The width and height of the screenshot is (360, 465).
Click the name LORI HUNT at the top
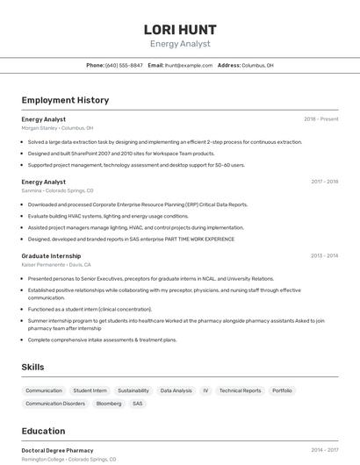(x=179, y=29)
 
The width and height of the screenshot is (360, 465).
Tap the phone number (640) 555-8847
(x=124, y=65)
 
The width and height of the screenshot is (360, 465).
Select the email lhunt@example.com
(x=189, y=65)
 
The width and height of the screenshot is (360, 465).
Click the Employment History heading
(x=65, y=100)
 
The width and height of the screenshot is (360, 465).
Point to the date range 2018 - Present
(x=320, y=119)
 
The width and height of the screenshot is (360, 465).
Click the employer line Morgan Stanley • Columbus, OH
(x=57, y=128)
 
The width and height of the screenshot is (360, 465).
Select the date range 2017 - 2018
(x=324, y=182)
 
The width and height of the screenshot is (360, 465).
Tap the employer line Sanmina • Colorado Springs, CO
(x=57, y=190)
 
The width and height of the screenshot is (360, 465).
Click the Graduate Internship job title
(x=51, y=255)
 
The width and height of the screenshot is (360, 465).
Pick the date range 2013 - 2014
(x=324, y=255)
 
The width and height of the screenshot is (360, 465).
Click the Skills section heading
(x=33, y=367)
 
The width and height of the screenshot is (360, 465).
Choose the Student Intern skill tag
(x=90, y=390)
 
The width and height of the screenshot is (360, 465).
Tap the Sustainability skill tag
(x=133, y=390)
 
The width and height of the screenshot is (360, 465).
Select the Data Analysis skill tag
(x=176, y=390)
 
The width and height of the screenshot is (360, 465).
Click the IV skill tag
(x=205, y=390)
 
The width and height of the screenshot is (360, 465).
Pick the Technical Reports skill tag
(x=240, y=390)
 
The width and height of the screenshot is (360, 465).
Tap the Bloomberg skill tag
(x=109, y=404)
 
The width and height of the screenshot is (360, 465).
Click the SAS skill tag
(x=138, y=404)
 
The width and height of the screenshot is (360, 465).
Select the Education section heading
(x=43, y=431)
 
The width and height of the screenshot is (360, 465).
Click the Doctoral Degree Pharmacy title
(x=57, y=450)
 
